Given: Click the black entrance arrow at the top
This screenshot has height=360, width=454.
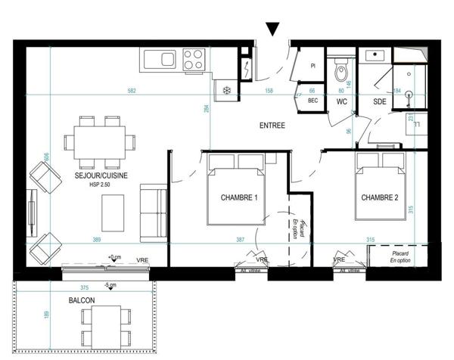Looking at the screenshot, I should (x=274, y=29).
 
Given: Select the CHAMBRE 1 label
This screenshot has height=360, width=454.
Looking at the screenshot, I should (x=239, y=198).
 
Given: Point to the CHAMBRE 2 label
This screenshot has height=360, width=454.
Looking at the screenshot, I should (x=379, y=198).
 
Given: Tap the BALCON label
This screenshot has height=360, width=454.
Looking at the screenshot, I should (x=82, y=301).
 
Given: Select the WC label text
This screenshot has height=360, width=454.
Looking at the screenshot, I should (x=341, y=101).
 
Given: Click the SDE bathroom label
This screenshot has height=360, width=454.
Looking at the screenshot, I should (x=380, y=101).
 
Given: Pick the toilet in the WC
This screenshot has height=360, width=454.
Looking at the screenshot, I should (x=341, y=72).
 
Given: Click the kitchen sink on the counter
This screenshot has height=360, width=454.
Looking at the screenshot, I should (x=159, y=58).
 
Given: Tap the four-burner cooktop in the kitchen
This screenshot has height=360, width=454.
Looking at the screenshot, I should (x=194, y=58).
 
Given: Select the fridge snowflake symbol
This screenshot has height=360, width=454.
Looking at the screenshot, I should (x=226, y=91).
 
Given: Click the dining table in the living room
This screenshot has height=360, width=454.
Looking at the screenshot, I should (x=99, y=141).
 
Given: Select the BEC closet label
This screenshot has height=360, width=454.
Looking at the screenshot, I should (x=312, y=101).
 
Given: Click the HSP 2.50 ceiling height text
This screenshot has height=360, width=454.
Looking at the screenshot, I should (x=101, y=185).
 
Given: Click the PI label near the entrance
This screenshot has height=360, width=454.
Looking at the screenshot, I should (x=312, y=66).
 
